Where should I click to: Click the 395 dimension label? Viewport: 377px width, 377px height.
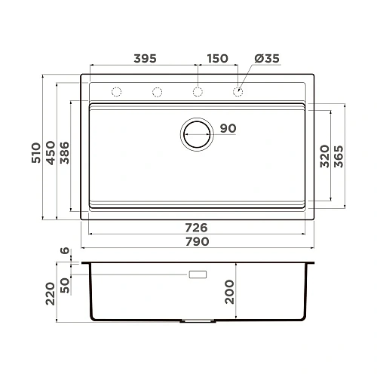(145, 59)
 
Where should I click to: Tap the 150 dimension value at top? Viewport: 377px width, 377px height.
(218, 59)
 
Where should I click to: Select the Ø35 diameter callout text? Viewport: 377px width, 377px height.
(267, 59)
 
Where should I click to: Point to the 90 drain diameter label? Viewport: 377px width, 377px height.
(228, 128)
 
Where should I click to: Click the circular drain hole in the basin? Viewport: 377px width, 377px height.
(197, 122)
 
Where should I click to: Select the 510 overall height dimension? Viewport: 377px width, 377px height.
(36, 153)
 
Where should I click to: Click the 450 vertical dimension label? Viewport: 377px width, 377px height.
(51, 153)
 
